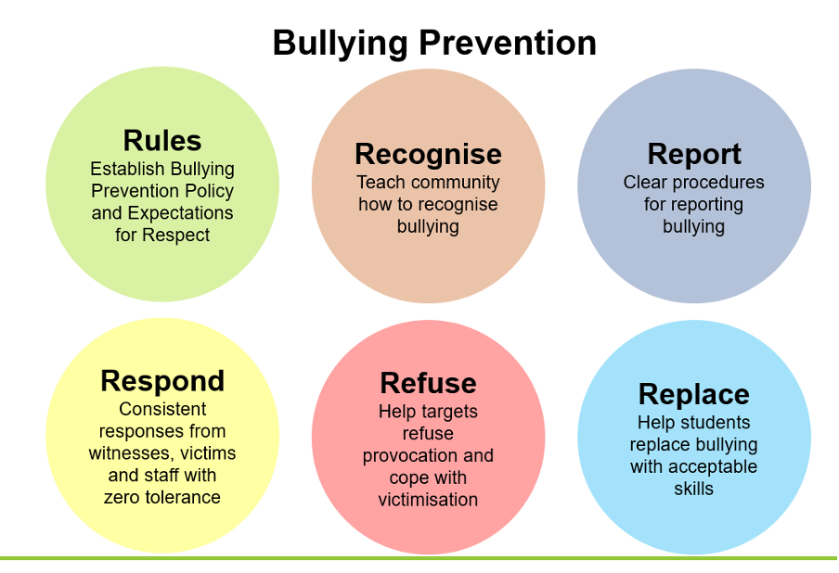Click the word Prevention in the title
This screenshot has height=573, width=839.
point(508,43)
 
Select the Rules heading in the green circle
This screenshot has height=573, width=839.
point(162,141)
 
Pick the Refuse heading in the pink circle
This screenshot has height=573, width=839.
point(428,383)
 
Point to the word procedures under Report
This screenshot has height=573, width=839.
point(718,184)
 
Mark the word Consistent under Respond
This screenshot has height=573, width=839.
point(162,409)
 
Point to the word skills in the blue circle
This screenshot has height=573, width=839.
point(693,489)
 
